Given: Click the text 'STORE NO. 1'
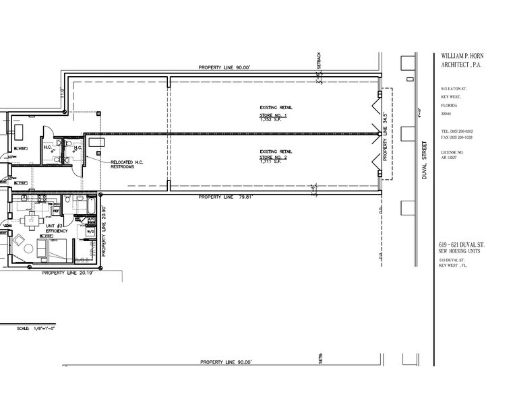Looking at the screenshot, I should pyautogui.click(x=274, y=116).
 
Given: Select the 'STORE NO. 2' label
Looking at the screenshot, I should pyautogui.click(x=274, y=160).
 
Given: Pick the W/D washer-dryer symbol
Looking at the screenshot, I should pyautogui.click(x=91, y=232).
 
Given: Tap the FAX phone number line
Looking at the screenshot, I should pyautogui.click(x=456, y=137).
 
